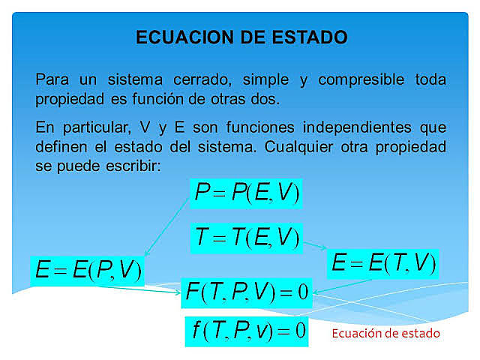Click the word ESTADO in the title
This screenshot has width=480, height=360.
coord(309,37)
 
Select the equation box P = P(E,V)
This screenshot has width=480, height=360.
coord(246,193)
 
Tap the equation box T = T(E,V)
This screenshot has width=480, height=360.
coord(246,238)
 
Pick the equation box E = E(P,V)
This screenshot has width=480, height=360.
coord(88,271)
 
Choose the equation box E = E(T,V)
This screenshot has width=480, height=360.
coord(382,262)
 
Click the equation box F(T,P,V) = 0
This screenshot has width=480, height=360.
coord(246,292)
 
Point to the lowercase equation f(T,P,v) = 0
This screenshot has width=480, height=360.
coord(246,331)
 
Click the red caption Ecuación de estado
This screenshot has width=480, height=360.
coord(386,332)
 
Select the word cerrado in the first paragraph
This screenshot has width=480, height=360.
coord(181,79)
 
